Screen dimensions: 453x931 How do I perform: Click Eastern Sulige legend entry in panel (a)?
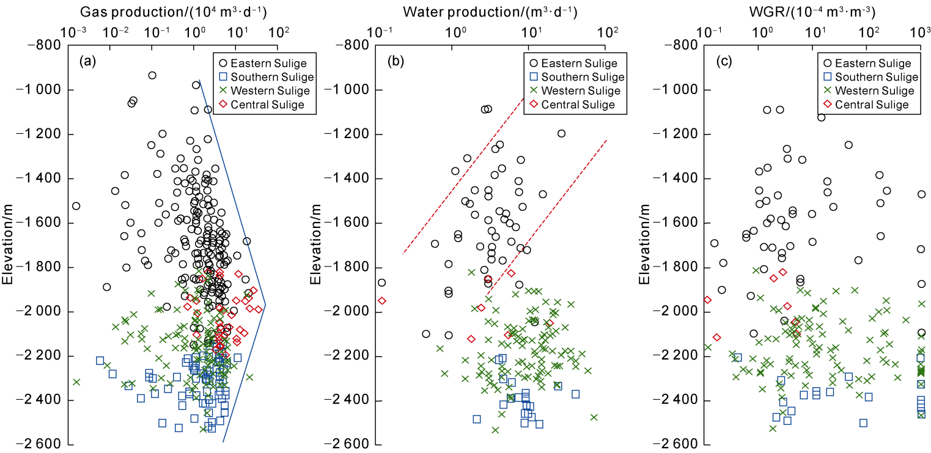(269, 62)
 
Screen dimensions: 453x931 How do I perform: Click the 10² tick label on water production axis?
(606, 30)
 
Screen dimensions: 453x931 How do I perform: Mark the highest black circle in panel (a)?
(152, 75)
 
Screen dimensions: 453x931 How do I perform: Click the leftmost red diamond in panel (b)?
(381, 301)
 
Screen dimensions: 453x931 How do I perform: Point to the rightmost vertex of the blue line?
(265, 304)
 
